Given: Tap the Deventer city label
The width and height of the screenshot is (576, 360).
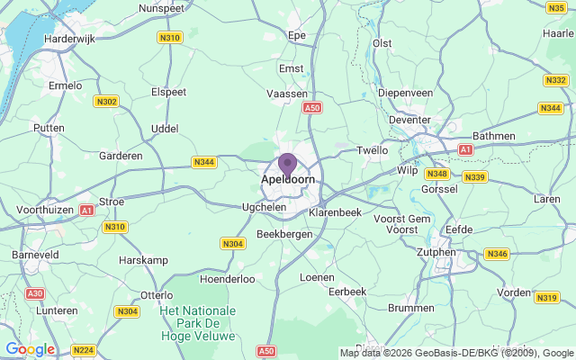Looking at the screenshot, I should click(409, 120).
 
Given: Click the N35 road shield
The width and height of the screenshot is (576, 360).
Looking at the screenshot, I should click(555, 8).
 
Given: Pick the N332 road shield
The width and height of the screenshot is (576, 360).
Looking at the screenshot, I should click(556, 80).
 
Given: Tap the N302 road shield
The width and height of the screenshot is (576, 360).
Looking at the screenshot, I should click(106, 102).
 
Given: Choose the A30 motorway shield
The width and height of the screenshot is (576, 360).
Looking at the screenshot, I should click(35, 293).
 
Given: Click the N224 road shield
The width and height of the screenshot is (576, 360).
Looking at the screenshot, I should click(83, 350).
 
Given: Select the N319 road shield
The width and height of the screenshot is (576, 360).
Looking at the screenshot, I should click(547, 298).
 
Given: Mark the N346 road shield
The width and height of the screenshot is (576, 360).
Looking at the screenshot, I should click(497, 255).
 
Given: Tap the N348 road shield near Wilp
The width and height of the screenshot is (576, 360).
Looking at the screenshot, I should click(437, 174).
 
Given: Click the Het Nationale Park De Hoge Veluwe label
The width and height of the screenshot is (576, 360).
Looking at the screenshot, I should click(197, 323).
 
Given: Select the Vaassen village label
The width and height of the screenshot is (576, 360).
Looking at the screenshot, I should click(287, 93).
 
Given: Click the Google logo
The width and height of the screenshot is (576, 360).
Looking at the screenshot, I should click(30, 349).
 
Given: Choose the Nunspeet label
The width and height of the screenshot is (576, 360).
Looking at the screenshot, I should click(162, 8).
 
